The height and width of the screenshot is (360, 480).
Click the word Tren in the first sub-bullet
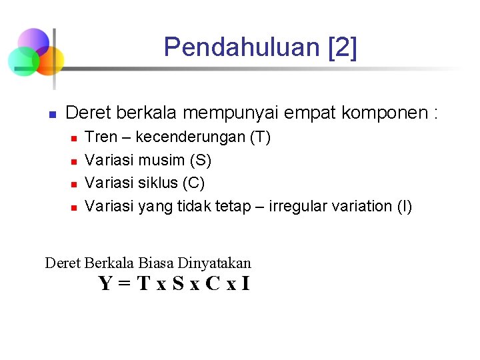click(101, 138)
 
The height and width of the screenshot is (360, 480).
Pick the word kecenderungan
click(191, 138)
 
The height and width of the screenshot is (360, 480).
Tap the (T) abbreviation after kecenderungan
click(260, 138)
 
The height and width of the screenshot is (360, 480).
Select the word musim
click(162, 161)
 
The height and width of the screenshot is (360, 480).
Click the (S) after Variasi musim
click(201, 161)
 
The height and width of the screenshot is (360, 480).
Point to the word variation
click(362, 206)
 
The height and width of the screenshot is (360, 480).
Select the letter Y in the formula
click(105, 284)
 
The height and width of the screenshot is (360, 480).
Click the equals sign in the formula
click(124, 285)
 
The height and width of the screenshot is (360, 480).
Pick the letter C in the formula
click(212, 284)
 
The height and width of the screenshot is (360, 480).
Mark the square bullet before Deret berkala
click(51, 114)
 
